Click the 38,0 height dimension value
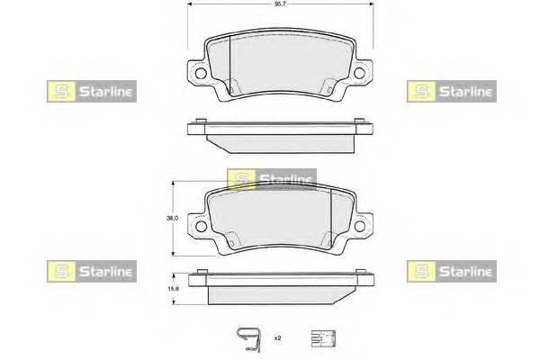coord(172,218)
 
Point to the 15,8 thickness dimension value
coord(173,290)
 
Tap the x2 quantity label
coord(277,338)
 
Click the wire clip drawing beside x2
coord(248,339)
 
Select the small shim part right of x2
coord(323,338)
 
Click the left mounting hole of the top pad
coord(201,73)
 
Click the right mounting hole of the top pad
coord(359,73)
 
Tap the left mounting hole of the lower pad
coord(201,226)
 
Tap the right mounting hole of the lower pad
coord(359,226)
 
